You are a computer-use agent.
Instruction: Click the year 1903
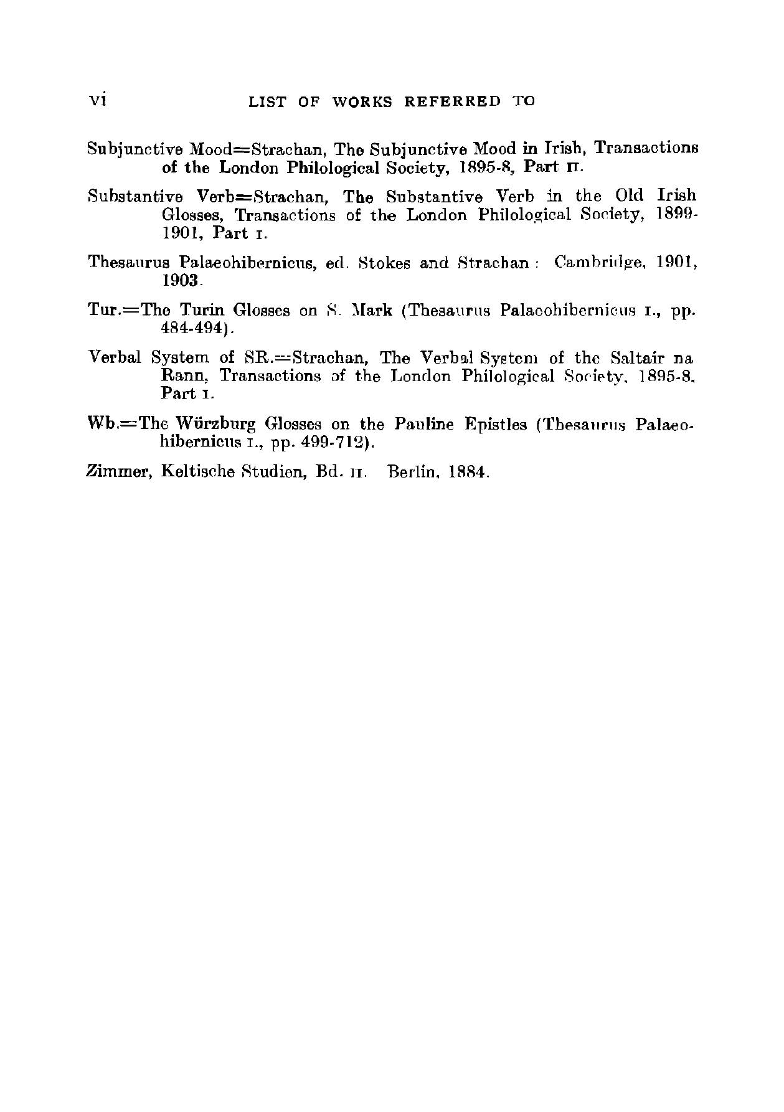tap(180, 281)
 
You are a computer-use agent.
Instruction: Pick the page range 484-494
tap(191, 328)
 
